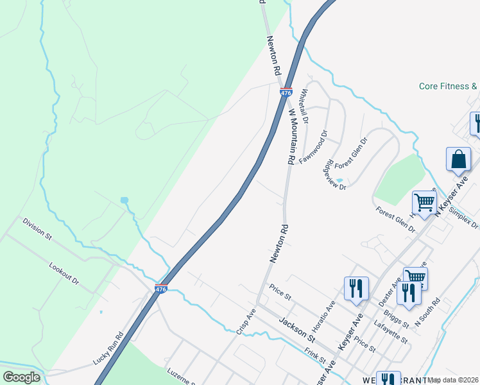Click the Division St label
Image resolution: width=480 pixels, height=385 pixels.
pos(37,228)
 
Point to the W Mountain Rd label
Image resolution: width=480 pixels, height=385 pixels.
pos(291,137)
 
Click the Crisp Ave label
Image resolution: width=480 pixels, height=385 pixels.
pos(246,321)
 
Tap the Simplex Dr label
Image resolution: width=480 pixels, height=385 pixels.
pos(464,217)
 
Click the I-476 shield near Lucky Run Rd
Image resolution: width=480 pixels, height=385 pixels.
pos(161,289)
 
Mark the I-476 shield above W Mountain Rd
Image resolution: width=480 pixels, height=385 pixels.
pos(286,92)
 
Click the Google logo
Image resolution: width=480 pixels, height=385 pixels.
pos(21,377)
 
